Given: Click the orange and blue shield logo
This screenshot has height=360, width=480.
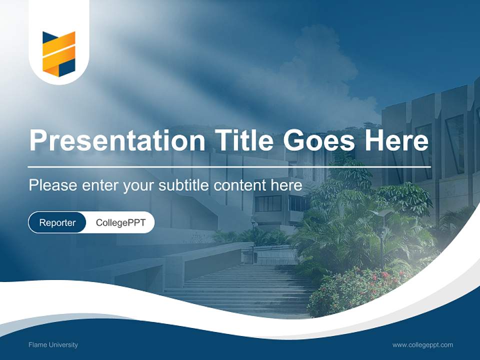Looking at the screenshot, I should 58,54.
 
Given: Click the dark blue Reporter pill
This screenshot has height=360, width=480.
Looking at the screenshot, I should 57,222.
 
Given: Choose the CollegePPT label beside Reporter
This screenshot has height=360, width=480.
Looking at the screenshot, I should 120,222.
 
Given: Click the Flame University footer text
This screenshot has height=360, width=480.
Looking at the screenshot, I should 53,344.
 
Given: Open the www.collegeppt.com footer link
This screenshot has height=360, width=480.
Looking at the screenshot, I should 422,344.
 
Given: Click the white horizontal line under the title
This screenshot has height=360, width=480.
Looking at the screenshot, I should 229,166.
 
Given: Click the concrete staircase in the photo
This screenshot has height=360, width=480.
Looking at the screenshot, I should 240,290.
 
